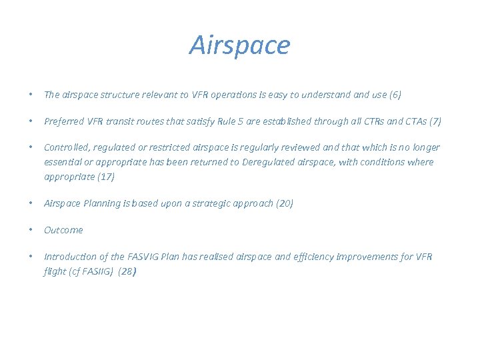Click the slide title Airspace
tap(240, 45)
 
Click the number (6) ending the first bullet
tap(395, 95)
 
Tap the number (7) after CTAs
tap(435, 121)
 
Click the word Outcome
tap(63, 230)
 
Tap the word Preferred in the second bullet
tap(64, 121)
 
